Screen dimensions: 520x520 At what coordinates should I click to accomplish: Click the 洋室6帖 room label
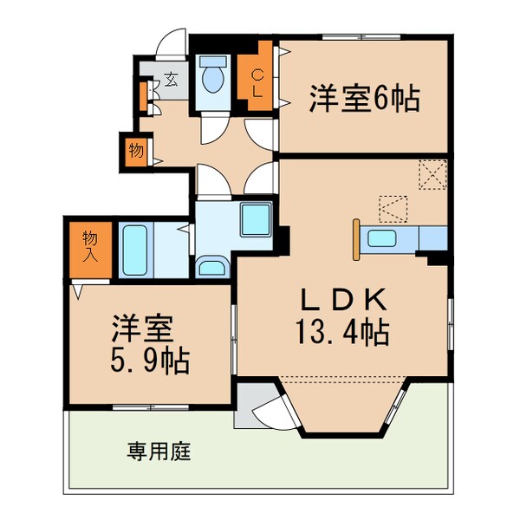click(364, 100)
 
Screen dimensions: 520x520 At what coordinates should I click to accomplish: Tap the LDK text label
click(342, 300)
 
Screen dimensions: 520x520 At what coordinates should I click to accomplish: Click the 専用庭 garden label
click(159, 452)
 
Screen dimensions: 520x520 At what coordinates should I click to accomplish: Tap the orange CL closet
click(257, 83)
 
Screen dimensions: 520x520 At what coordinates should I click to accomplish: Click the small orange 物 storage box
click(136, 150)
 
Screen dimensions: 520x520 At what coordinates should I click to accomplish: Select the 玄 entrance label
click(171, 81)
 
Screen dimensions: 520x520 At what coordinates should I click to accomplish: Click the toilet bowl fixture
click(212, 81)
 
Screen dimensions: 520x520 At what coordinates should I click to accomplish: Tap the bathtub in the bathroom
click(135, 250)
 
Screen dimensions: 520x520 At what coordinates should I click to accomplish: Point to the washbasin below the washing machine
click(211, 266)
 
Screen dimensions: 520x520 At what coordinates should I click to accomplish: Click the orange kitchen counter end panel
click(356, 239)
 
